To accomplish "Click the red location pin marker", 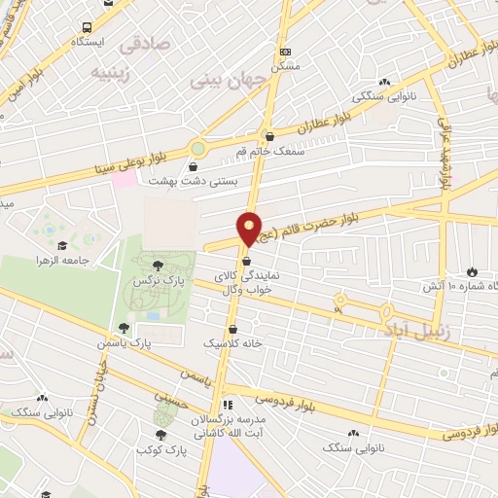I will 250,228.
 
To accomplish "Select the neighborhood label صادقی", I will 145,45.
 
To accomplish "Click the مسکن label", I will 285,65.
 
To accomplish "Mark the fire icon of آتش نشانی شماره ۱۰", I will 473,271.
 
